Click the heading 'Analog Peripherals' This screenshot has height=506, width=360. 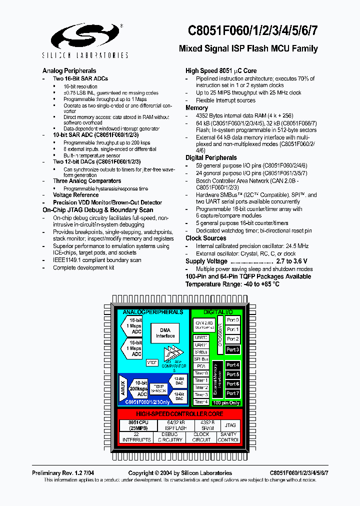click(x=69, y=71)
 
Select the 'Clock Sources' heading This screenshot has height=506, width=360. click(x=205, y=238)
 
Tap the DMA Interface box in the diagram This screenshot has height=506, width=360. click(x=164, y=333)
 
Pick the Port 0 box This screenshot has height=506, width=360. click(x=232, y=320)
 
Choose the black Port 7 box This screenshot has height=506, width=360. click(x=232, y=393)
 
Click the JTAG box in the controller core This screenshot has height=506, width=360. click(x=229, y=425)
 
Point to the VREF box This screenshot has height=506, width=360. click(x=151, y=362)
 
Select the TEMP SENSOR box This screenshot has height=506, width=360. click(x=159, y=388)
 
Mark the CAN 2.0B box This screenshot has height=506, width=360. click(x=204, y=324)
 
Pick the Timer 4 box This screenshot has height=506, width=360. click(x=201, y=402)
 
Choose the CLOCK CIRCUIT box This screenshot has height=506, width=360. click(x=201, y=437)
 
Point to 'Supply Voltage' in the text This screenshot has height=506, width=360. click(x=206, y=261)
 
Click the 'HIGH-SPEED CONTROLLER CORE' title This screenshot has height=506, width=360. click(x=179, y=414)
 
